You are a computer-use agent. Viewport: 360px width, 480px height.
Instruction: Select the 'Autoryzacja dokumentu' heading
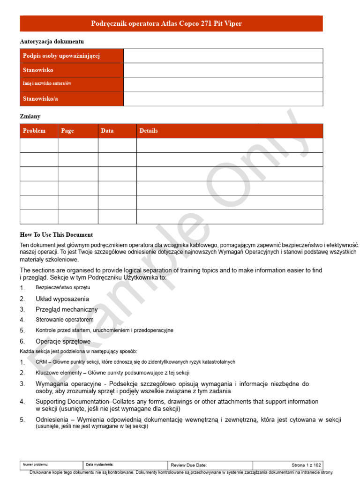(x=52, y=42)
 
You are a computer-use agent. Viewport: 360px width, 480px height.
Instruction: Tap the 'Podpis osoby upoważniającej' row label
(x=61, y=56)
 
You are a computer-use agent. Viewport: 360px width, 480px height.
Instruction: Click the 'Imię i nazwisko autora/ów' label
(x=47, y=83)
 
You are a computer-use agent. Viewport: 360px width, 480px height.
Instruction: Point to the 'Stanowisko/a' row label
(x=40, y=99)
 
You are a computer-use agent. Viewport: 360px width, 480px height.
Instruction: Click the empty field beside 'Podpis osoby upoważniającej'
(x=223, y=56)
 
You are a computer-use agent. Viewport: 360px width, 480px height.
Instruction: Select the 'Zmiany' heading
(x=30, y=116)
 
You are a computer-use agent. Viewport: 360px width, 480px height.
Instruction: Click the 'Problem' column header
(x=34, y=131)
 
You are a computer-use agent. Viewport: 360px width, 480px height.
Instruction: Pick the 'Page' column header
(x=67, y=131)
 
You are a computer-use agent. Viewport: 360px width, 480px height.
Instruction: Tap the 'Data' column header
(x=107, y=131)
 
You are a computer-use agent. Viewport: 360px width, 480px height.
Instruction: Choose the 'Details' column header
(x=149, y=131)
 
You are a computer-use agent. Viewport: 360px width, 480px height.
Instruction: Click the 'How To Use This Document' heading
(x=56, y=235)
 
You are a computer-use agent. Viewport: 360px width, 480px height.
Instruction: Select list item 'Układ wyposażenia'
(x=62, y=299)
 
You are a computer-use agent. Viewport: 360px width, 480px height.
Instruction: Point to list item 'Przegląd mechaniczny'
(x=67, y=309)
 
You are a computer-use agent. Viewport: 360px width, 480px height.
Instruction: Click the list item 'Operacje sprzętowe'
(x=63, y=341)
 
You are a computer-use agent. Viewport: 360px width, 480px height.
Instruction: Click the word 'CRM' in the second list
(x=41, y=362)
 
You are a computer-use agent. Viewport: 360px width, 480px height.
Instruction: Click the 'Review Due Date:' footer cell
(x=188, y=465)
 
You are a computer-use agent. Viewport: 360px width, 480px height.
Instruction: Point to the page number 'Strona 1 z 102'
(x=306, y=465)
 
